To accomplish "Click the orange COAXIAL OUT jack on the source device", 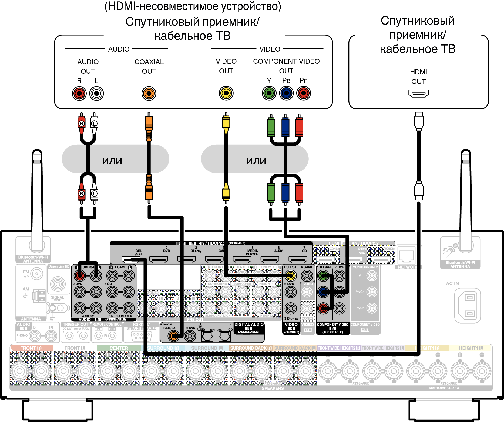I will pos(149,94).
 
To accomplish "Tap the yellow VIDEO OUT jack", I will pos(226,93).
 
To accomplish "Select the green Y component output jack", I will pos(269,93).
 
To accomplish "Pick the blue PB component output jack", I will pos(286,93).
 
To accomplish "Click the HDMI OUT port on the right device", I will pos(418,93).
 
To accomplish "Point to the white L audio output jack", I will pos(96,94).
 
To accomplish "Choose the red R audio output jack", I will pos(79,94).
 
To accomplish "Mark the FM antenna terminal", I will pos(36,274).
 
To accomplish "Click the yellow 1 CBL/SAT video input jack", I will pos(290,276).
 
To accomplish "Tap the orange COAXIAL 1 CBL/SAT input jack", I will pos(173,336).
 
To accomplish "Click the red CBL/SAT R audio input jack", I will pos(79,276).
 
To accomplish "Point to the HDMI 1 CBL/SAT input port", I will pos(131,259).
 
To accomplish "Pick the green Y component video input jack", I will pos(323,276).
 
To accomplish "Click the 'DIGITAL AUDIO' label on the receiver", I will pos(249,325).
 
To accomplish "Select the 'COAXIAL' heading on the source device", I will pos(149,62).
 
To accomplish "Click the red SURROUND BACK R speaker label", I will pos(251,348).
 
